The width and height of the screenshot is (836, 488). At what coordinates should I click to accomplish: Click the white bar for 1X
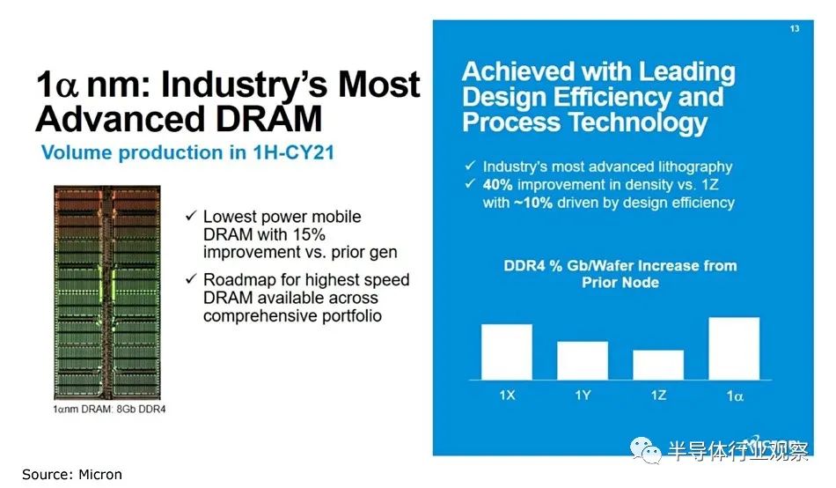click(x=506, y=351)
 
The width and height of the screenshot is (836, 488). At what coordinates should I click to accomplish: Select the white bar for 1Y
click(x=582, y=359)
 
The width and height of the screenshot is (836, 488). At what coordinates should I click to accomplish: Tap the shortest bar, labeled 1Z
click(x=657, y=364)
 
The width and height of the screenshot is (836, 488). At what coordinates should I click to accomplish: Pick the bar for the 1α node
click(x=733, y=348)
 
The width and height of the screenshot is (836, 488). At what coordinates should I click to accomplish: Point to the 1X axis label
click(x=506, y=395)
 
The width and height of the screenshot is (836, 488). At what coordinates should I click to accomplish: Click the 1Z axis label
click(x=657, y=395)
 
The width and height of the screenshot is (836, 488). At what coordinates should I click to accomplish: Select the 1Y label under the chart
click(x=582, y=395)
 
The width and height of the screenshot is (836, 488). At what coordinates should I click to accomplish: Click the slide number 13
click(x=794, y=30)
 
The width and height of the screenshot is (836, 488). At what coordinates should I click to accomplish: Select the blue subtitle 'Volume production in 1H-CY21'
click(x=187, y=152)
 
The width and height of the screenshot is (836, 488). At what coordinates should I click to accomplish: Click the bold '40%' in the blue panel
click(x=501, y=185)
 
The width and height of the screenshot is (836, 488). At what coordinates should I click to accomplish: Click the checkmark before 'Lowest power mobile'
click(x=191, y=216)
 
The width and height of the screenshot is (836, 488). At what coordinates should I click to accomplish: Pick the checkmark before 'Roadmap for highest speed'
click(x=191, y=280)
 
